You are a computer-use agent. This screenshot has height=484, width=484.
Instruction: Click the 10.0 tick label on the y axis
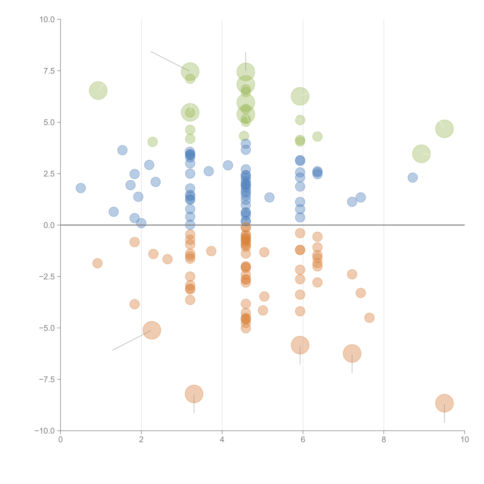(47, 20)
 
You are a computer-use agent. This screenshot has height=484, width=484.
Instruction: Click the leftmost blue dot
(81, 188)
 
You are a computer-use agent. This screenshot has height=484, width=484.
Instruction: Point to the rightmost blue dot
(413, 178)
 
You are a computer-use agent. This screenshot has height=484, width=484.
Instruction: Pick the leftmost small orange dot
(97, 263)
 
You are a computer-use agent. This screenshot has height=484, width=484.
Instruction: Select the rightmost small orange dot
(369, 318)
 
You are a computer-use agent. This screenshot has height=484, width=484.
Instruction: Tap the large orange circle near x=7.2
(352, 354)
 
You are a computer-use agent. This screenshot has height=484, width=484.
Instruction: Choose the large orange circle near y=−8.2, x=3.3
(194, 394)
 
